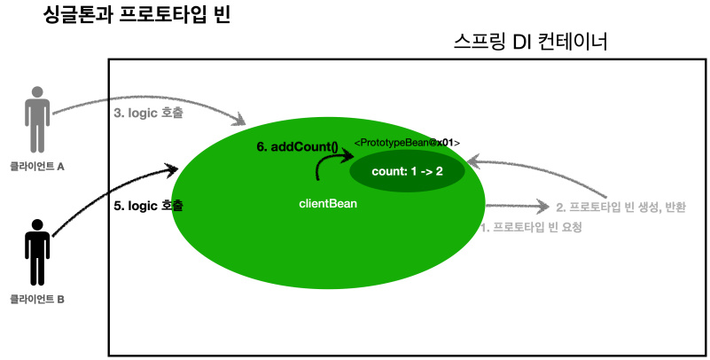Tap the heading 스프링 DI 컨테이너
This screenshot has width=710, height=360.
coord(530,42)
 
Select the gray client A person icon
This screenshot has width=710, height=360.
coord(36,120)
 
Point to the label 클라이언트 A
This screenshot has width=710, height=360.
coord(37,166)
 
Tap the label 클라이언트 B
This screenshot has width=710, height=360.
coord(37,299)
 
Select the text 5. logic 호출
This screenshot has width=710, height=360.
coord(149,205)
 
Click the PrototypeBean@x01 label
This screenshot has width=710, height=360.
coord(407,143)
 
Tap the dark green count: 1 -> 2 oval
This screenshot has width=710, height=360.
coord(407,171)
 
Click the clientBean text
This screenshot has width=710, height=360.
coord(329,204)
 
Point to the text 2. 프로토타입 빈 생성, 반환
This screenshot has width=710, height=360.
coord(620,207)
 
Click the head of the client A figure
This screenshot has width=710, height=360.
coord(36,92)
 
